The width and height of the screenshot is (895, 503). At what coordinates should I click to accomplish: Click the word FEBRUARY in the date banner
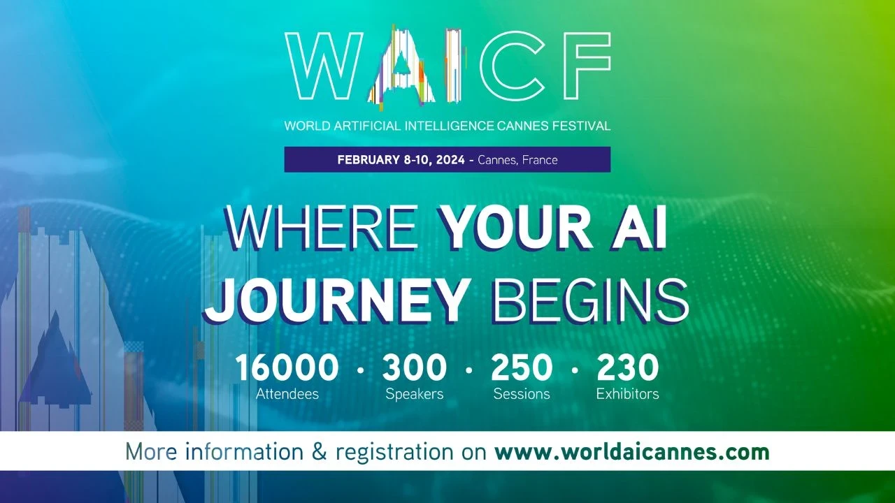coord(368,160)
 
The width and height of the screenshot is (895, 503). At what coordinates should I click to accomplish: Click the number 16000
coord(287,368)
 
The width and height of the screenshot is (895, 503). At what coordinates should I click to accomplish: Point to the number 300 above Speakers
coord(414,368)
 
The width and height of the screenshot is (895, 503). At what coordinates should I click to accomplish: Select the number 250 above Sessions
coord(522,368)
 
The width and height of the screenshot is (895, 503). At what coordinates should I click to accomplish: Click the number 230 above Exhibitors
coord(627,368)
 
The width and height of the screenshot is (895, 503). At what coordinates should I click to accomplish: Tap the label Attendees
coord(287,394)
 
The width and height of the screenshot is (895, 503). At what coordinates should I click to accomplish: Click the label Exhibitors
coord(627,394)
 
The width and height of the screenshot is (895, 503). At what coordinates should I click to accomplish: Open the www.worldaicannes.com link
coord(631,452)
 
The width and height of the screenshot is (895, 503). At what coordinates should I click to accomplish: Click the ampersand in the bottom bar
coord(319,452)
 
